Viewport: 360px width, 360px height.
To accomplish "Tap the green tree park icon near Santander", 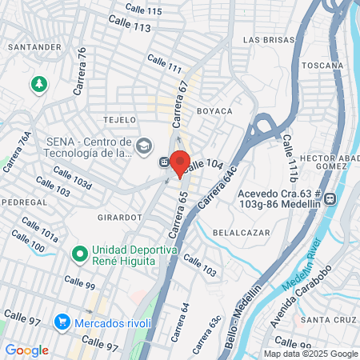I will pyautogui.click(x=38, y=83).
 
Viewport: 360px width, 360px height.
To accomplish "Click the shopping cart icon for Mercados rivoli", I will pyautogui.click(x=62, y=322).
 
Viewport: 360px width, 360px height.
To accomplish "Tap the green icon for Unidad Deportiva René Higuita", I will pyautogui.click(x=79, y=255).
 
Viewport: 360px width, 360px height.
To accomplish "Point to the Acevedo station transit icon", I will pyautogui.click(x=339, y=199).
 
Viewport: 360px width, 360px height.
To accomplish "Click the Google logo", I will pyautogui.click(x=27, y=350).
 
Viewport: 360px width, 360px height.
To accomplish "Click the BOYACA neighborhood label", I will pyautogui.click(x=214, y=110).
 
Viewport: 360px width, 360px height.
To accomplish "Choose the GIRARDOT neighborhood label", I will pyautogui.click(x=120, y=216).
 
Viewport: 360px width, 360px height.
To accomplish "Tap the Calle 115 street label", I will pyautogui.click(x=145, y=11).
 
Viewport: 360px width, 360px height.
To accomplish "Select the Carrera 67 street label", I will pyautogui.click(x=178, y=104).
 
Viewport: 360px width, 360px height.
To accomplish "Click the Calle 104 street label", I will pyautogui.click(x=203, y=164).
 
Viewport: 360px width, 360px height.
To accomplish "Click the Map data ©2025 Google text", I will pyautogui.click(x=311, y=354).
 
